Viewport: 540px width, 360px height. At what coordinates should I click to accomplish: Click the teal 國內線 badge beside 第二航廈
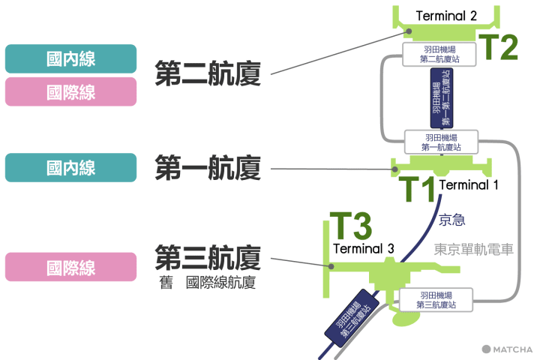pyautogui.click(x=70, y=58)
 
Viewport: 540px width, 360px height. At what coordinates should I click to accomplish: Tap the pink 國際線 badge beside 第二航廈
pyautogui.click(x=70, y=91)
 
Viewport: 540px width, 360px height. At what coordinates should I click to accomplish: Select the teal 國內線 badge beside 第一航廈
pyautogui.click(x=70, y=167)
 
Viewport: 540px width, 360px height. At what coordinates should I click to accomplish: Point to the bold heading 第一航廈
pyautogui.click(x=208, y=168)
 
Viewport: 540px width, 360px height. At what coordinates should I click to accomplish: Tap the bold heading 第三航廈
pyautogui.click(x=208, y=257)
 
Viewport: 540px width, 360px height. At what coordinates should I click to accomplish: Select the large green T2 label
pyautogui.click(x=498, y=46)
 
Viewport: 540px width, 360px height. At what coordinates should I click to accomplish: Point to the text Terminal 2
pyautogui.click(x=446, y=15)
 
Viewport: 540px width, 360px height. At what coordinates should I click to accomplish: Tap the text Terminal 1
pyautogui.click(x=469, y=184)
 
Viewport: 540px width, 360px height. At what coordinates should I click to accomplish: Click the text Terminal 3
pyautogui.click(x=363, y=248)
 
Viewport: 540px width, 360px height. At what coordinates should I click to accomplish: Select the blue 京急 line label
pyautogui.click(x=451, y=220)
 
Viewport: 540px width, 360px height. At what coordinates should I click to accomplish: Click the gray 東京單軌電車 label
pyautogui.click(x=474, y=249)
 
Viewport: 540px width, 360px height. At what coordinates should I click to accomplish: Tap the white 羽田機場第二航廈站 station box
pyautogui.click(x=436, y=53)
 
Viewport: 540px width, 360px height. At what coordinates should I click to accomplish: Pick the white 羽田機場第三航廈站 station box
pyautogui.click(x=436, y=300)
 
